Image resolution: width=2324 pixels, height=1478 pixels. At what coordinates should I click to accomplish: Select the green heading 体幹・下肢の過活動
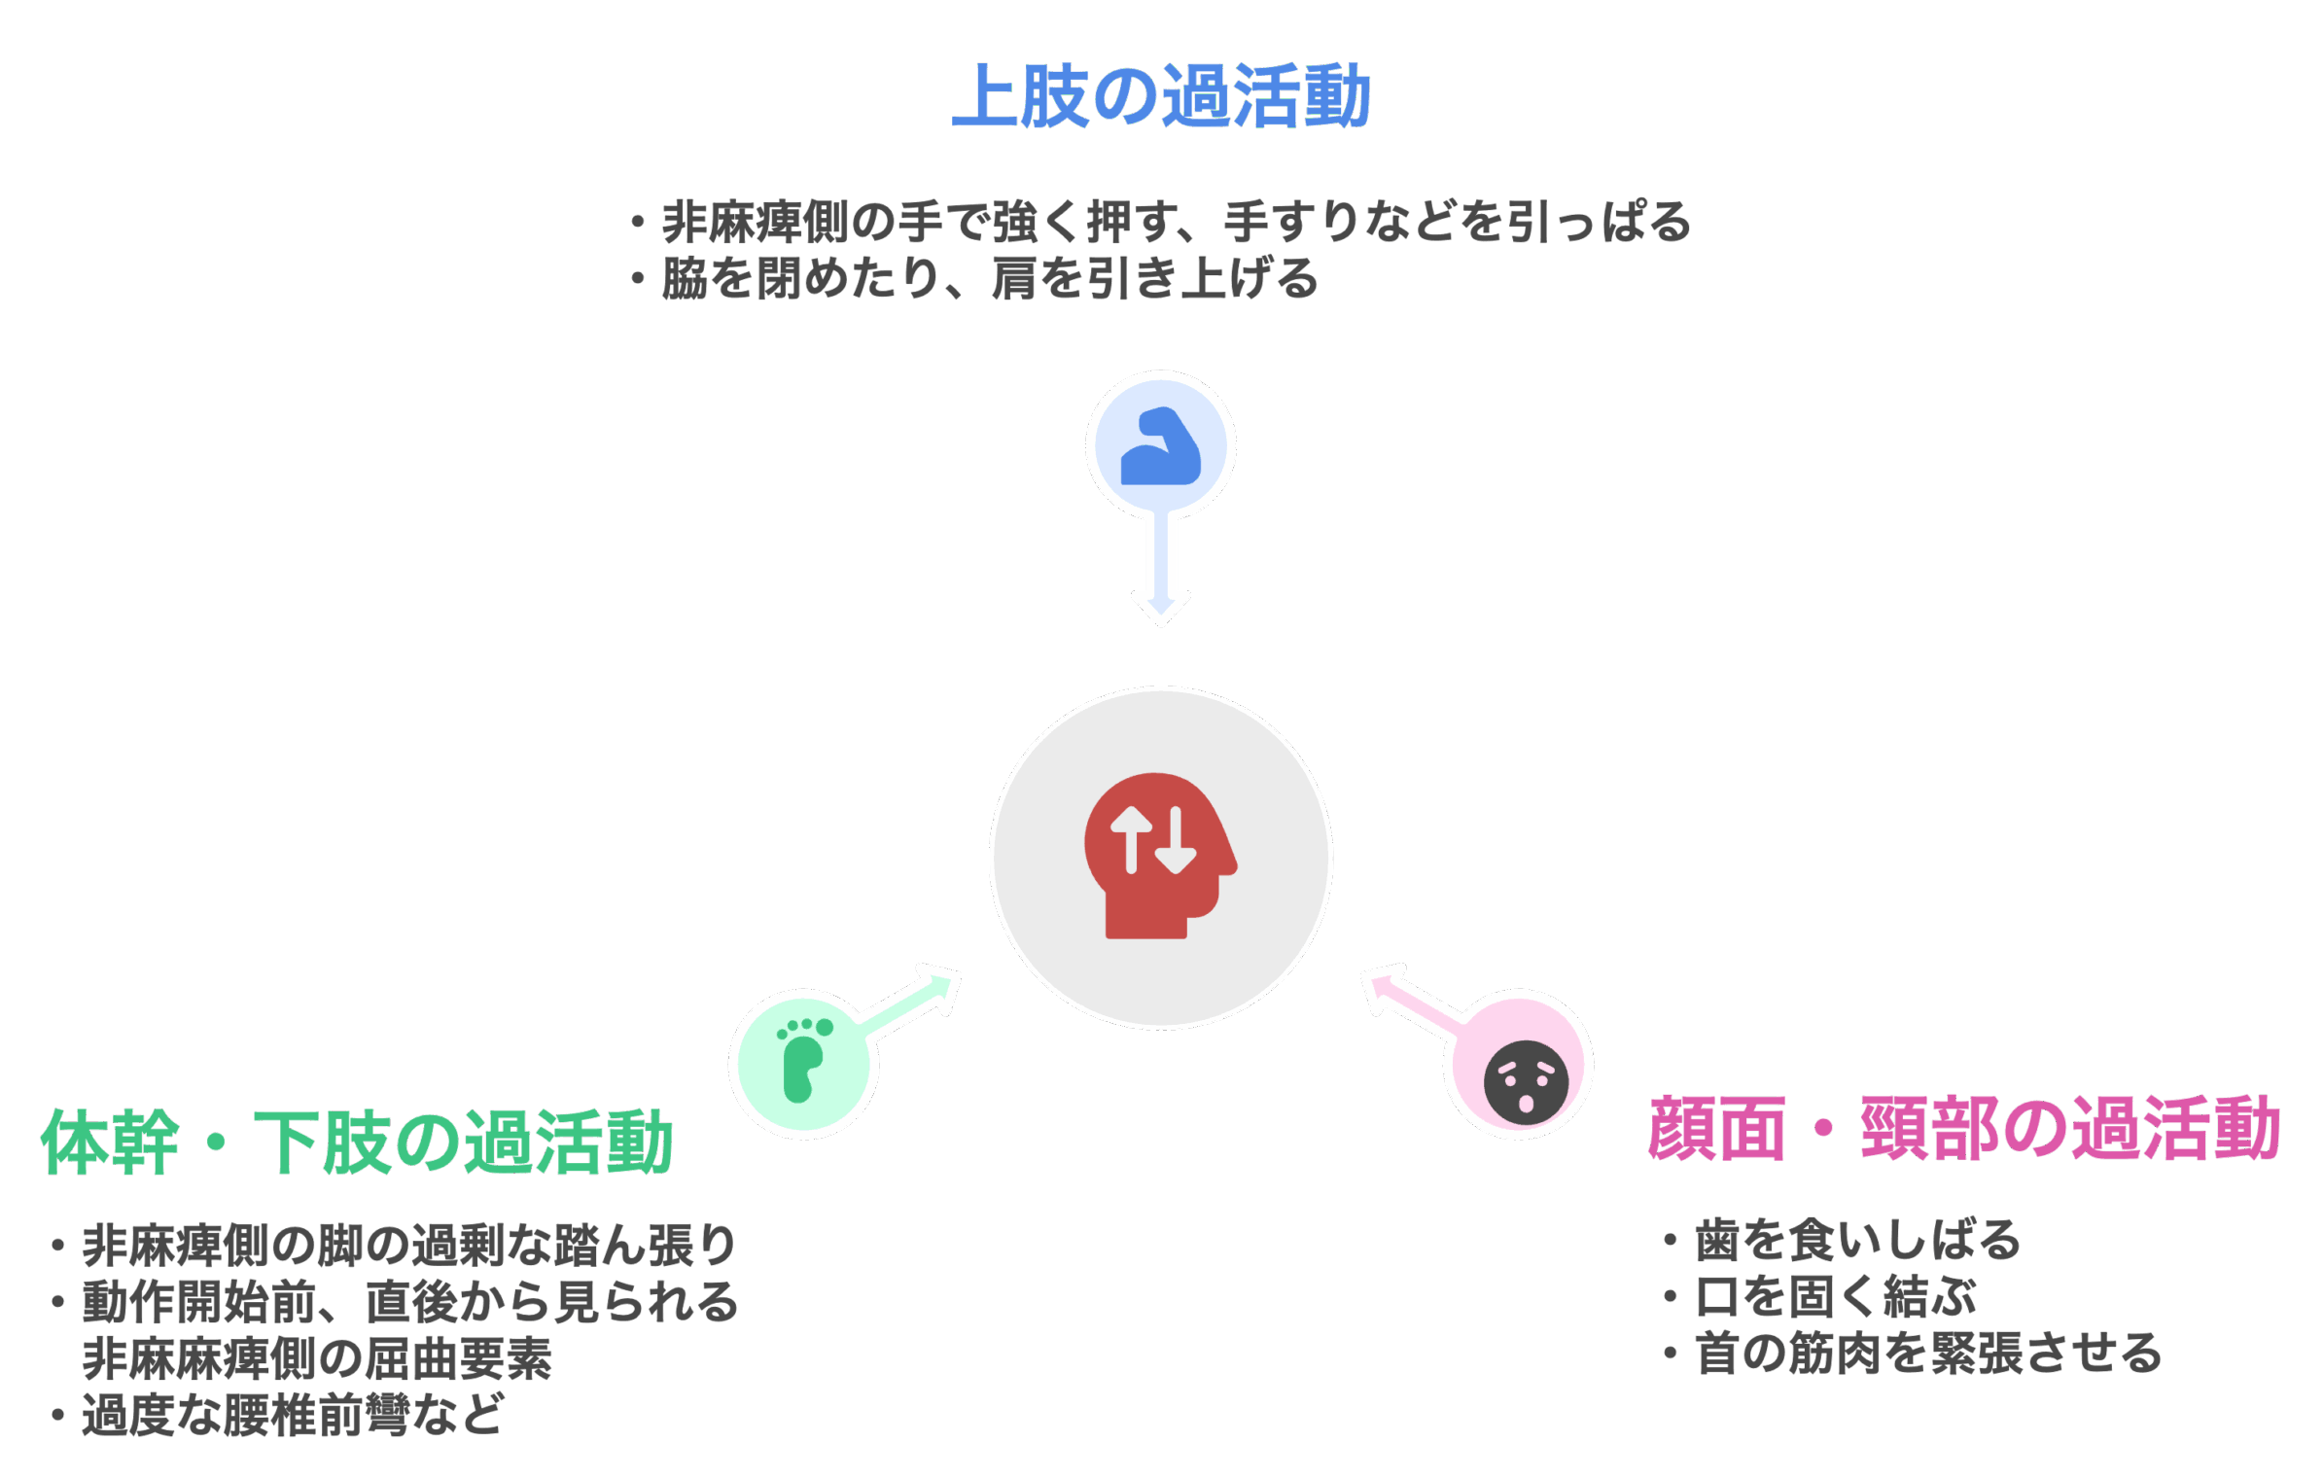coord(356,1142)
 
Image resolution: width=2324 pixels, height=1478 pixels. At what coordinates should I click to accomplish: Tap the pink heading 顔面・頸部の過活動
coord(1964,1128)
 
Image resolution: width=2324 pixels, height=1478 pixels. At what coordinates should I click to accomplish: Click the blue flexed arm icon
coord(1160,447)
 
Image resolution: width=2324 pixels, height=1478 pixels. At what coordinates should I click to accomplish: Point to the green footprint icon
coord(803,1061)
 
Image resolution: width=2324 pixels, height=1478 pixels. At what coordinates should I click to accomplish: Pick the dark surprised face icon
coord(1526,1082)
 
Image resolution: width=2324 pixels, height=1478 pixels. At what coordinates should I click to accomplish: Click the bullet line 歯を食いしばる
coord(1857,1240)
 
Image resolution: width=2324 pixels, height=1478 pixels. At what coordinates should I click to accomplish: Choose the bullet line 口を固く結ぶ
coord(1836,1296)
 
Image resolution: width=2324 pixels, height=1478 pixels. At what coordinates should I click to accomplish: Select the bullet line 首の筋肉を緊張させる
coord(1928,1353)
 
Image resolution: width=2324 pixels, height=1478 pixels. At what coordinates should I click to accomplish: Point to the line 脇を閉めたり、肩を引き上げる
coord(989,278)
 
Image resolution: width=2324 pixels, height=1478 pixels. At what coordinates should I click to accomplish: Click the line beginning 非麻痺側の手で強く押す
coord(1176,222)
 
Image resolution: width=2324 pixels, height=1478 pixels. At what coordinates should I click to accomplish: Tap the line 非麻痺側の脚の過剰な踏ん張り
coord(408,1246)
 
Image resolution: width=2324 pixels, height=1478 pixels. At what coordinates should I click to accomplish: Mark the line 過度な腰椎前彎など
coord(292,1415)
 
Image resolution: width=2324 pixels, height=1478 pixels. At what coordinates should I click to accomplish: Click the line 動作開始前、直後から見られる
coord(409,1302)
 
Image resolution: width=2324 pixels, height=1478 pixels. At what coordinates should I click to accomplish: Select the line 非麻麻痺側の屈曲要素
coord(317,1358)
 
